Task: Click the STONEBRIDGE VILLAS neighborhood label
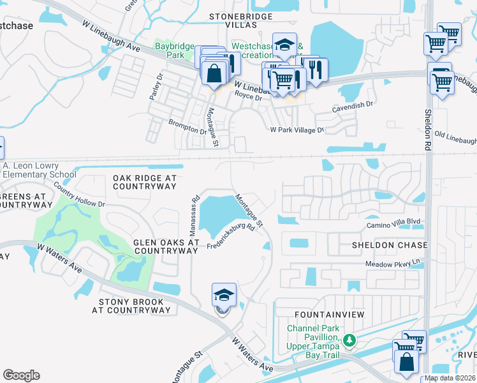click(x=233, y=20)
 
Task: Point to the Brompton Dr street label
click(x=187, y=126)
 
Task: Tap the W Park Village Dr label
click(x=297, y=130)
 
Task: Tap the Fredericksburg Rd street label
click(x=230, y=236)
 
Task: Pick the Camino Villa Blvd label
click(x=393, y=223)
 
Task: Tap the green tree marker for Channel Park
click(x=349, y=340)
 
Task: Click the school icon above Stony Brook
click(x=224, y=296)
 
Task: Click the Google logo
click(x=21, y=375)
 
